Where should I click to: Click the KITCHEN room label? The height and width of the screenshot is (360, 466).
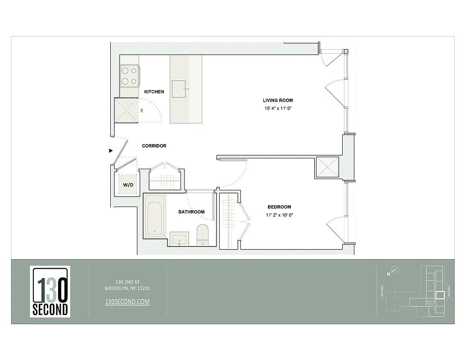[x=154, y=92]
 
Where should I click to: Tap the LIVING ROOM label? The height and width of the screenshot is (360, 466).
[x=278, y=100]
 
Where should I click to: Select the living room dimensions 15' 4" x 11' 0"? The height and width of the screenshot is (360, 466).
[x=278, y=108]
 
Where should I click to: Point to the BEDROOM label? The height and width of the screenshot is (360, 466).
[x=279, y=207]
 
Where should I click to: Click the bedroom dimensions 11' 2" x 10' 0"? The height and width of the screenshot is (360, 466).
[x=279, y=215]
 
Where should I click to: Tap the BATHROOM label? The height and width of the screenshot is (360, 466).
[x=191, y=212]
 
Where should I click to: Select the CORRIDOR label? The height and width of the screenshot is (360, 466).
[x=154, y=146]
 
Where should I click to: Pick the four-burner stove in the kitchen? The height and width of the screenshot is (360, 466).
[x=129, y=76]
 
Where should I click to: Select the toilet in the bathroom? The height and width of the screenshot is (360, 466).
[x=203, y=234]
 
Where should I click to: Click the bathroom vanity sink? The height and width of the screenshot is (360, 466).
[x=181, y=238]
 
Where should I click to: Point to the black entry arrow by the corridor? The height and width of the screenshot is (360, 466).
[x=111, y=151]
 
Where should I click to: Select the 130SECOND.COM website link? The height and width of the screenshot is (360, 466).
[x=127, y=302]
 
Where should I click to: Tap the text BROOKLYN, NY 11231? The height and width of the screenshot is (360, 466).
[x=127, y=288]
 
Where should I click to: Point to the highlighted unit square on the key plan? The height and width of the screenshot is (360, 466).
[x=439, y=295]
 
